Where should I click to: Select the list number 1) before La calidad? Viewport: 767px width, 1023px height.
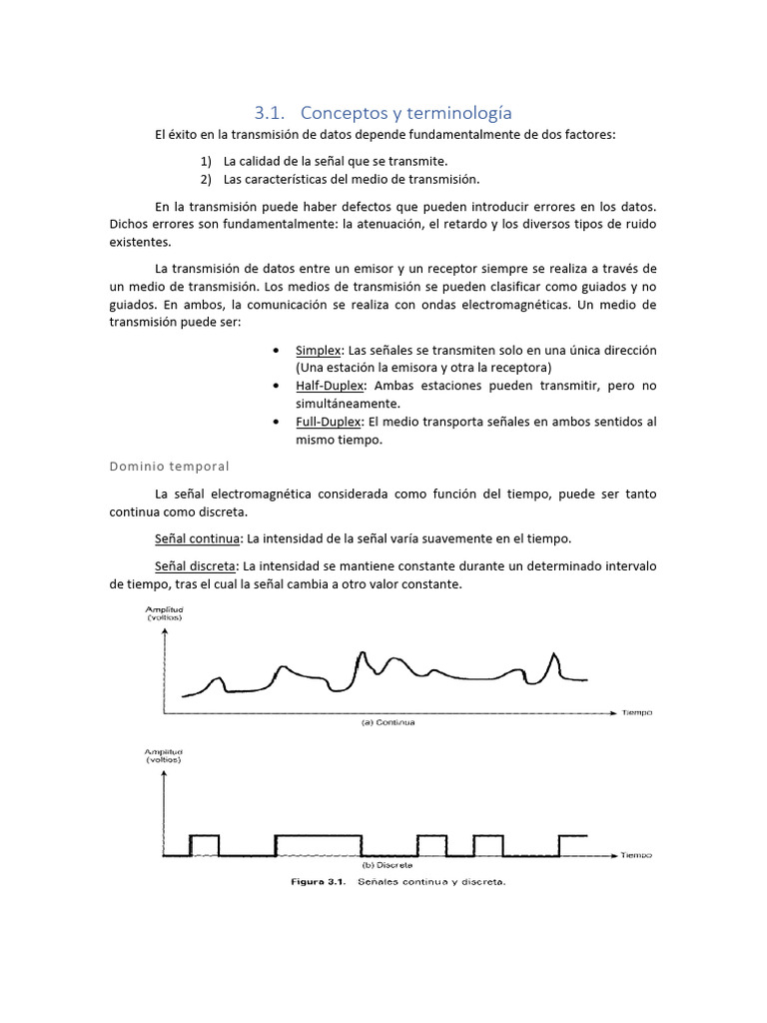(x=207, y=161)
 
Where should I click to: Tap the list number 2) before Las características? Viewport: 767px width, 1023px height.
(x=207, y=179)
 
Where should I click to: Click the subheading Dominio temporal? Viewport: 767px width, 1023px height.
(x=169, y=466)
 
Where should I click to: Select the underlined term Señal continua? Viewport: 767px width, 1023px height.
(x=197, y=538)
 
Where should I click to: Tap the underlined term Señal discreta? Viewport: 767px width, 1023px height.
(x=196, y=566)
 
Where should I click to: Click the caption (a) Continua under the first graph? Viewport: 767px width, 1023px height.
(x=388, y=721)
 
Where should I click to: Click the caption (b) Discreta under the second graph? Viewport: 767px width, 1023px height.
(x=388, y=864)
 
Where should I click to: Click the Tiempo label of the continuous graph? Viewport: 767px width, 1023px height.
(x=636, y=713)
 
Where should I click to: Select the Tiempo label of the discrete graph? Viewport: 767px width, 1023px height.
(x=636, y=855)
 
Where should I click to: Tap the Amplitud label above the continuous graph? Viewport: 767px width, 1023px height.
(x=165, y=609)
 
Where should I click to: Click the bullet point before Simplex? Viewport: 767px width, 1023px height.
(x=275, y=351)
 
